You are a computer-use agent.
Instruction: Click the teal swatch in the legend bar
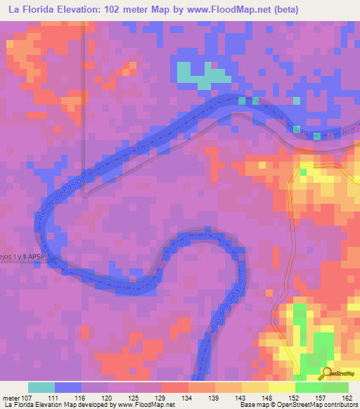(41, 387)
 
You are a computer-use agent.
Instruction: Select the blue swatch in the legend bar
(67, 387)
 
